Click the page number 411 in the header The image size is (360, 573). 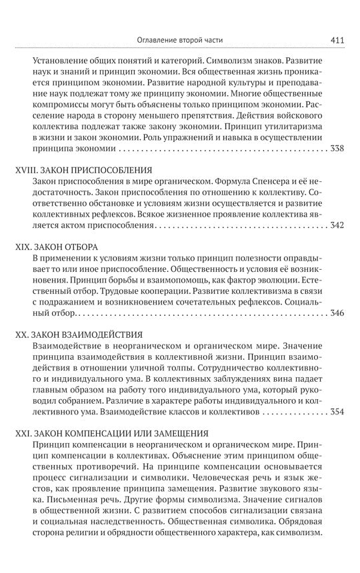pos(336,39)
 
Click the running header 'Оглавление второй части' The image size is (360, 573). pos(181,39)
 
